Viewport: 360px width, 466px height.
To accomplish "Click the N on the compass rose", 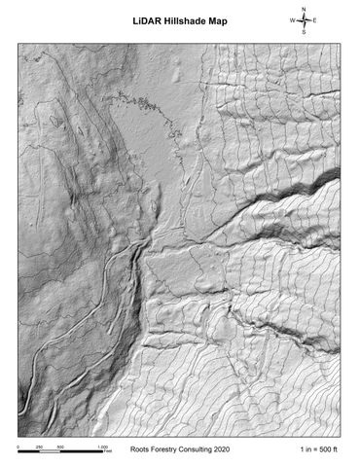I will click(x=304, y=9).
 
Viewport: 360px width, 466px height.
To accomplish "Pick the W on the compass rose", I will click(x=291, y=20).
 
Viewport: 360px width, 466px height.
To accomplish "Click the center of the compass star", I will click(x=304, y=20).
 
